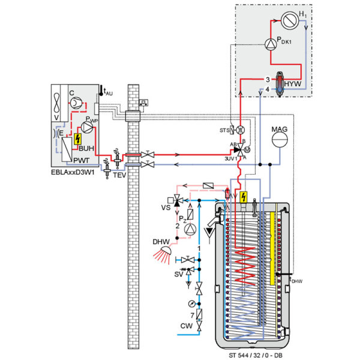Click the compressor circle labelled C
tap(77, 103)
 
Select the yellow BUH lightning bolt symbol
tap(76, 143)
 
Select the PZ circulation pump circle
tap(190, 229)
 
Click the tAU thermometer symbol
tap(102, 91)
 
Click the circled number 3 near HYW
tap(267, 79)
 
